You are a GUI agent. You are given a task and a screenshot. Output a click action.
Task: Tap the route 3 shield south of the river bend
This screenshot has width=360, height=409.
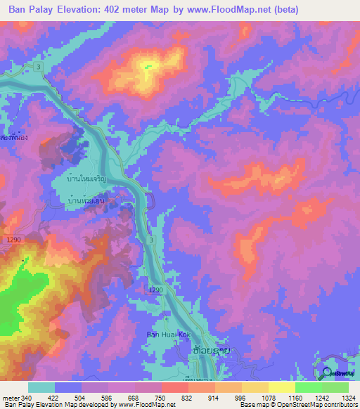point(151,240)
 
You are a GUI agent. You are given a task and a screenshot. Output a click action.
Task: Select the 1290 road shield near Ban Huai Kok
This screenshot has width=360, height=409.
point(156,290)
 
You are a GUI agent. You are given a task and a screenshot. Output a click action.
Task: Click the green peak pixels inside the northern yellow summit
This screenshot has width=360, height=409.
point(147,67)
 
